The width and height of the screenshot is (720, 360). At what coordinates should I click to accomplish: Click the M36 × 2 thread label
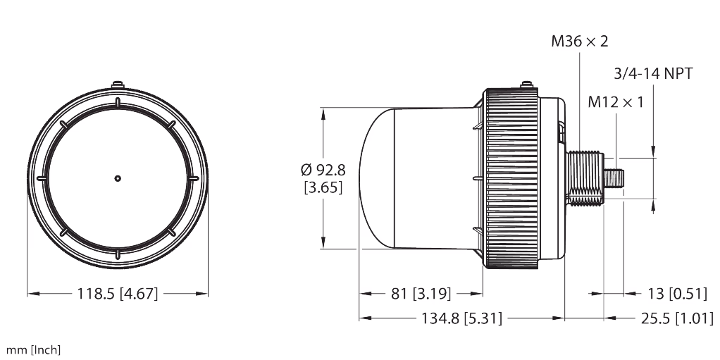point(580,42)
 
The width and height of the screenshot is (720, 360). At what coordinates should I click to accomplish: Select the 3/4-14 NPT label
point(653,73)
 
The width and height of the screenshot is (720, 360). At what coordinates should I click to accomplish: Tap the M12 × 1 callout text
point(616,102)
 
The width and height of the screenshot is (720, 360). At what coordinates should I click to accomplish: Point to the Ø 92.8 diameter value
point(323,170)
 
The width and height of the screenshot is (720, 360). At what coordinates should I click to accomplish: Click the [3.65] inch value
point(323,188)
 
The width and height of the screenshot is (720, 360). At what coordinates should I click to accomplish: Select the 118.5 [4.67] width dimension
point(118,293)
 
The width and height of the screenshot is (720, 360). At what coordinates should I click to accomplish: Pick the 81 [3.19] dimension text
point(421,293)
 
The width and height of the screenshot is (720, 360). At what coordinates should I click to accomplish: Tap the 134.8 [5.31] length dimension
point(461,318)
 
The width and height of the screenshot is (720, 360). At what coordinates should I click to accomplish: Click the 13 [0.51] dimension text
point(677,293)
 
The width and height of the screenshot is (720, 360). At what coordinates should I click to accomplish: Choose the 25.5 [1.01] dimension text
point(677,318)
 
